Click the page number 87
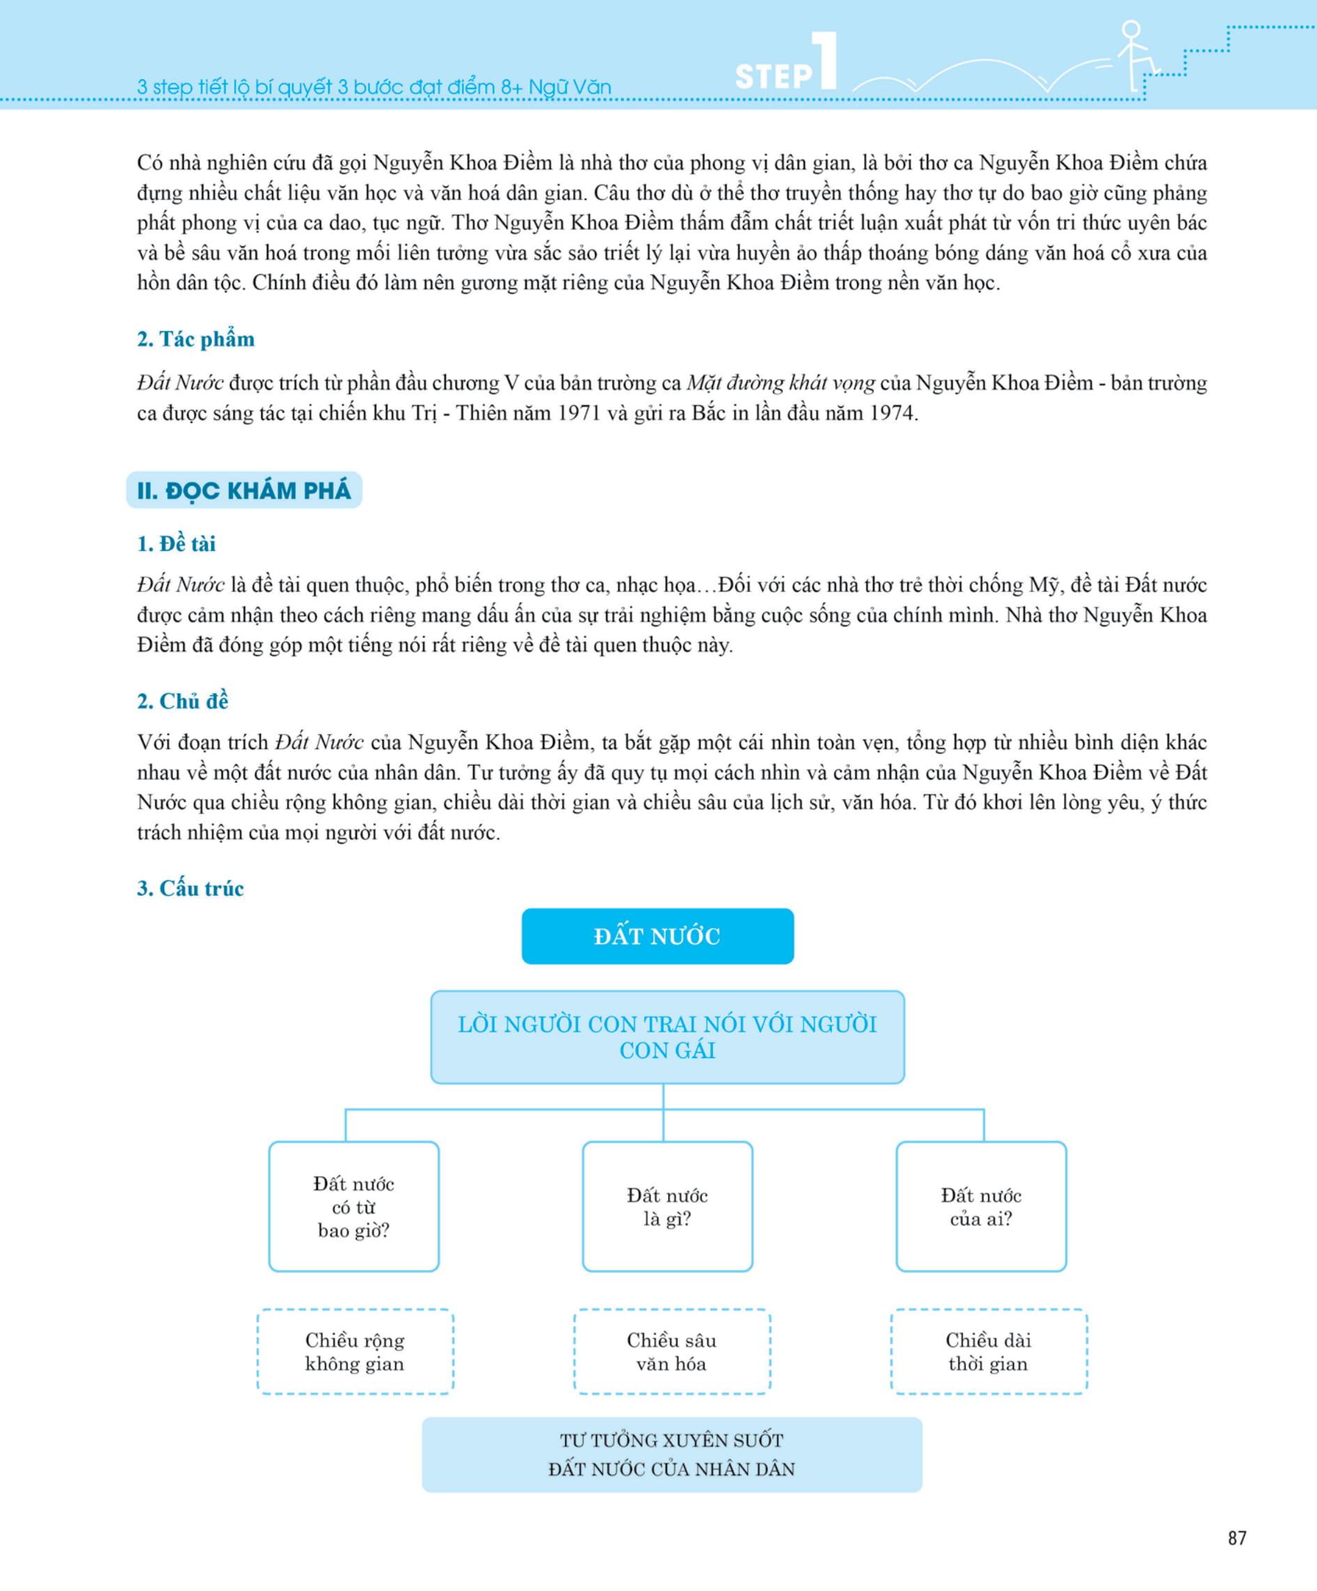1237,1537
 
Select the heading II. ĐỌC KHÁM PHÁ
244,490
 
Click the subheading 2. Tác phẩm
196,339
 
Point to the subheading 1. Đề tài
176,543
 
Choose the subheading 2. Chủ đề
182,701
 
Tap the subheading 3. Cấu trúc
190,888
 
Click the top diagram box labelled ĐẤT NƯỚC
657,936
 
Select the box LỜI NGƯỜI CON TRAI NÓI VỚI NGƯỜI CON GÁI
667,1037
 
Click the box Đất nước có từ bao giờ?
354,1207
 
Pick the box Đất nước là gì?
667,1207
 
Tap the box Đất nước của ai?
980,1207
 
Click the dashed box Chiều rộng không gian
355,1351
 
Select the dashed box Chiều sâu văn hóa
671,1351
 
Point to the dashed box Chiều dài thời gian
988,1351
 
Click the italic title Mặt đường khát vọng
780,383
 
